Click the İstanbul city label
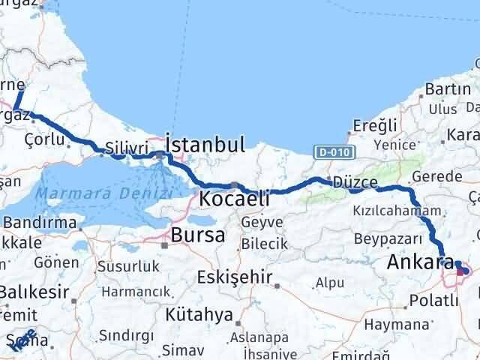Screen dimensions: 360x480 (x=205, y=144)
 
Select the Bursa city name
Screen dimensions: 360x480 (x=198, y=235)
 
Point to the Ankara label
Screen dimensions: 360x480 (x=421, y=262)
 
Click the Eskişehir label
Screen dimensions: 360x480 (x=234, y=277)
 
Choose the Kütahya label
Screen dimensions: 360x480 (x=200, y=314)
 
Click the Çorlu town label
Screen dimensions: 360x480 (x=43, y=139)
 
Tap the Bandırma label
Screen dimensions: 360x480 (x=39, y=223)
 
